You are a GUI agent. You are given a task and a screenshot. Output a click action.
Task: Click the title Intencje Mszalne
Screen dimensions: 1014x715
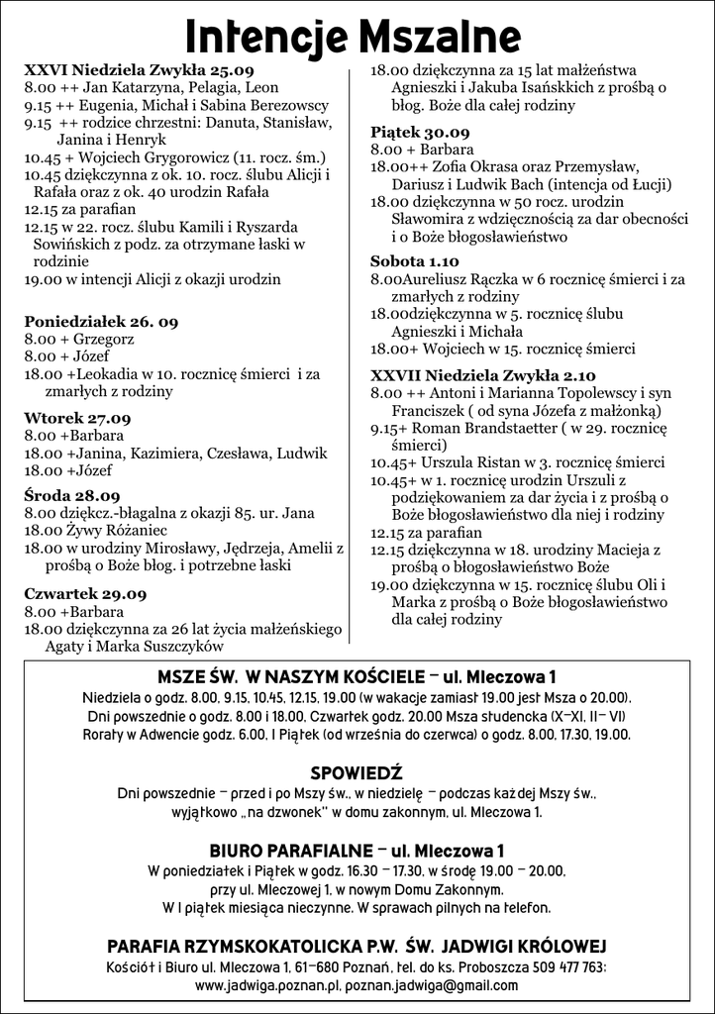pos(353,38)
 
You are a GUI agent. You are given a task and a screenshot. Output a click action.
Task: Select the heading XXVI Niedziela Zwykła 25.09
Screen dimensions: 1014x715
pos(139,70)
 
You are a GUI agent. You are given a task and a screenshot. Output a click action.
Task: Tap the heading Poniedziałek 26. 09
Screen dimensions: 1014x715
pos(101,323)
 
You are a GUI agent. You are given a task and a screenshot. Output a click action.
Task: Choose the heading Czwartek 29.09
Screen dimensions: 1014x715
pos(85,594)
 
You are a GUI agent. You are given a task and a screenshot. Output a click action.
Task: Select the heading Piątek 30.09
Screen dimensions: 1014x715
pos(420,132)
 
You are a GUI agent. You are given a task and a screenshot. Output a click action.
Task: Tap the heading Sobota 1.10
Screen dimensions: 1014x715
pos(415,261)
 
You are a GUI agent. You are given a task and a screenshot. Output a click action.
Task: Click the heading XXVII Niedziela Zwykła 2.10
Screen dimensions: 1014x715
pos(483,375)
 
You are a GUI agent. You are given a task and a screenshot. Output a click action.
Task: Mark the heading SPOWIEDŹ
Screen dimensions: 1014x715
pos(357,772)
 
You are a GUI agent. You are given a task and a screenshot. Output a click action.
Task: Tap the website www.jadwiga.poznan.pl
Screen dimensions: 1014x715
pos(268,986)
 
